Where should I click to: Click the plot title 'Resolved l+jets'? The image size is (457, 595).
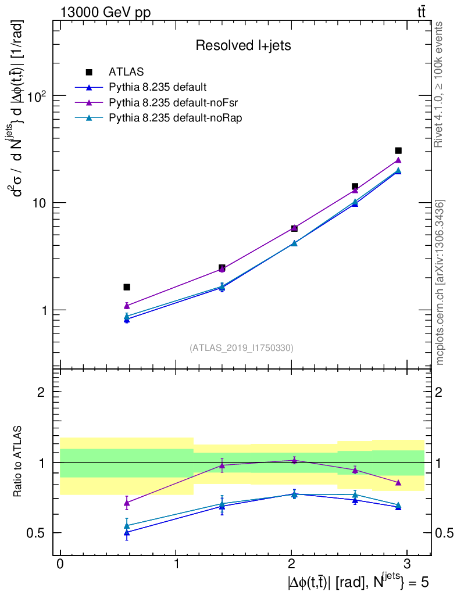pos(243,46)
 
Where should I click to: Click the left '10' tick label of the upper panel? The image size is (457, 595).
pos(38,203)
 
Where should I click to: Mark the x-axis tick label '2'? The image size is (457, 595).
pos(292,564)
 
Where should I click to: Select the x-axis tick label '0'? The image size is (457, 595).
pos(60,564)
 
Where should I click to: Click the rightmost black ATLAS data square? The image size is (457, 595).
pos(398,150)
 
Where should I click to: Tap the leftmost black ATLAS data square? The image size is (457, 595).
pos(127,287)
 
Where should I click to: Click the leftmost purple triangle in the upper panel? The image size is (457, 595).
pos(127,305)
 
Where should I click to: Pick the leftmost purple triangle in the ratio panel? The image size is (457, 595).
pos(127,503)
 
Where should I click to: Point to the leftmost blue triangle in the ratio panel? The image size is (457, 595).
pos(127,532)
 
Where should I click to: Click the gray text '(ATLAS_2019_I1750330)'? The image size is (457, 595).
pos(241,348)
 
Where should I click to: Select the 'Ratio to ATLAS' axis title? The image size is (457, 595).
pos(19,462)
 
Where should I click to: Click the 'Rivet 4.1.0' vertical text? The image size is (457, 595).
pos(440,85)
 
